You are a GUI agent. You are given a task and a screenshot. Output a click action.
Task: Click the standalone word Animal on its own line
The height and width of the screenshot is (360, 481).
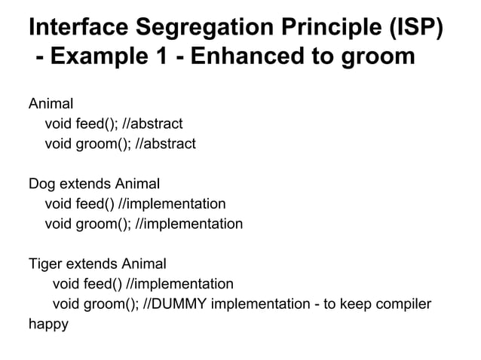click(x=51, y=103)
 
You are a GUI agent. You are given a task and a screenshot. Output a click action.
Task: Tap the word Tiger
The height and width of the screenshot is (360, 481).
click(x=44, y=264)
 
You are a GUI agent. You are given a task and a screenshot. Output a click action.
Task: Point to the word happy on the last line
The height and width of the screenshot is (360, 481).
click(x=48, y=325)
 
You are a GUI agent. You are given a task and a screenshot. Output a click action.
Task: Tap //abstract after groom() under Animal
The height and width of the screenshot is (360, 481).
click(x=164, y=143)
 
